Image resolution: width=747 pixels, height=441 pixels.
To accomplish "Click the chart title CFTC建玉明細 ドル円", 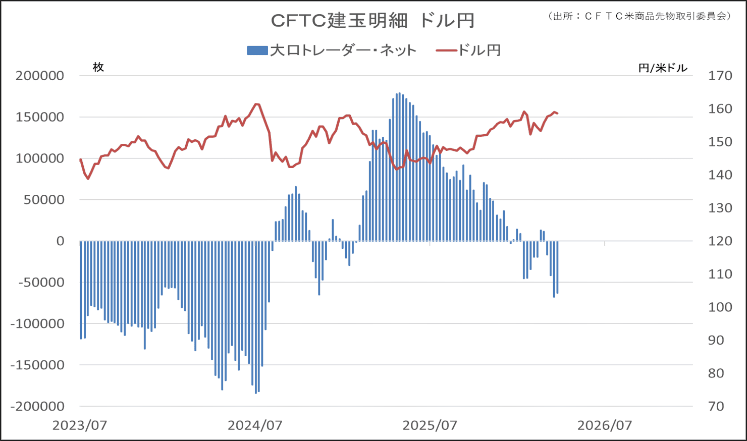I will click(x=372, y=21).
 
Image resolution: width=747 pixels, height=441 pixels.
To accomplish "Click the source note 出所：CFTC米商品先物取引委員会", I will click(x=639, y=16).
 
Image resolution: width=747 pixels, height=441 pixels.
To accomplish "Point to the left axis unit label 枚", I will click(x=98, y=67).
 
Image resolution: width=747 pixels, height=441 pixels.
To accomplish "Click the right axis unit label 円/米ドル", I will click(x=663, y=68).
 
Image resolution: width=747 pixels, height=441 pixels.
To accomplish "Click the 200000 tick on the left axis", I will click(x=40, y=76).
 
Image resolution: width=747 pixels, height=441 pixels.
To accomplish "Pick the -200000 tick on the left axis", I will click(x=37, y=406).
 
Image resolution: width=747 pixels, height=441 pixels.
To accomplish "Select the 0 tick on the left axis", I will click(x=60, y=241).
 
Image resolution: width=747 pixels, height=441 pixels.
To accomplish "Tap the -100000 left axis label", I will click(x=37, y=323).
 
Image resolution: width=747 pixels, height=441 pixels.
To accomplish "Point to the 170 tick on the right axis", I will click(x=720, y=76).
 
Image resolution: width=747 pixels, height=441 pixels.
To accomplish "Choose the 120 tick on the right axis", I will click(x=720, y=241).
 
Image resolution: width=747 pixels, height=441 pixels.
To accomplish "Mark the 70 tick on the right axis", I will click(x=716, y=406).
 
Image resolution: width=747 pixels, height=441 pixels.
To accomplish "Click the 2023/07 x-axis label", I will click(x=80, y=425).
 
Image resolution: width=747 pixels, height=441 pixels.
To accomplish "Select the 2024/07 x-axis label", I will click(x=255, y=425).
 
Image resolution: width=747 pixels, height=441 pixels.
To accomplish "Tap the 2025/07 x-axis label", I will click(x=430, y=425).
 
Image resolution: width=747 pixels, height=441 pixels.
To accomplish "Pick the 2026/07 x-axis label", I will click(x=605, y=425).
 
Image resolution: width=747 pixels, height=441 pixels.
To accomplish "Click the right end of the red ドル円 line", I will click(x=557, y=114).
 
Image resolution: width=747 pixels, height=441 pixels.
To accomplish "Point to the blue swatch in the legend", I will click(x=257, y=50).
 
